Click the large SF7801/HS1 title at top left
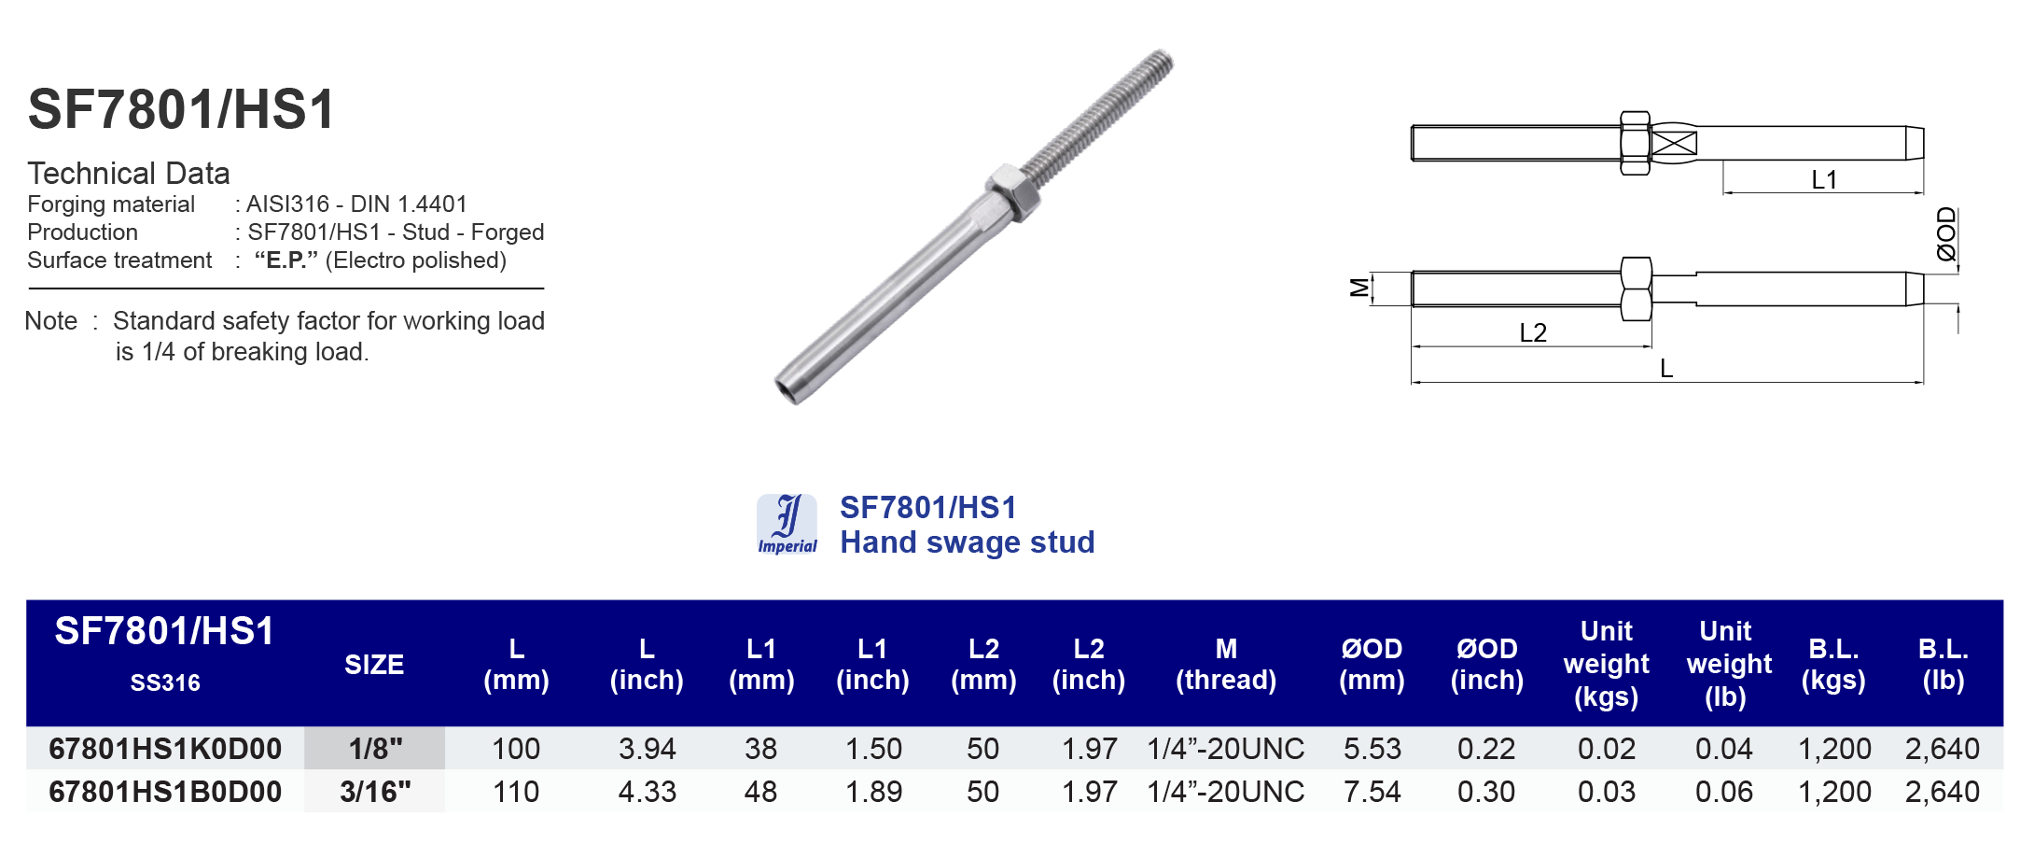[x=182, y=109]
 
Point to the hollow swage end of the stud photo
[x=788, y=389]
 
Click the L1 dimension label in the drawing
[x=1824, y=179]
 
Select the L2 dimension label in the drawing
[x=1533, y=332]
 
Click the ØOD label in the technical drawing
[x=1945, y=233]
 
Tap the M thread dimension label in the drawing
[x=1359, y=288]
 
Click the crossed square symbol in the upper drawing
[x=1674, y=144]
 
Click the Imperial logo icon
[x=787, y=524]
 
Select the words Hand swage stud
[x=967, y=542]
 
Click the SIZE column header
[x=374, y=665]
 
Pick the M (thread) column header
[x=1226, y=664]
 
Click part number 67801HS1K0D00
[x=165, y=749]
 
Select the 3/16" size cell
[x=375, y=792]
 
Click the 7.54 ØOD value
[x=1372, y=792]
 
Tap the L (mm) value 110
[x=516, y=792]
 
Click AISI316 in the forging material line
[x=287, y=204]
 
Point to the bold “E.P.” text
[x=286, y=260]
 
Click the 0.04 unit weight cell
[x=1723, y=749]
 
